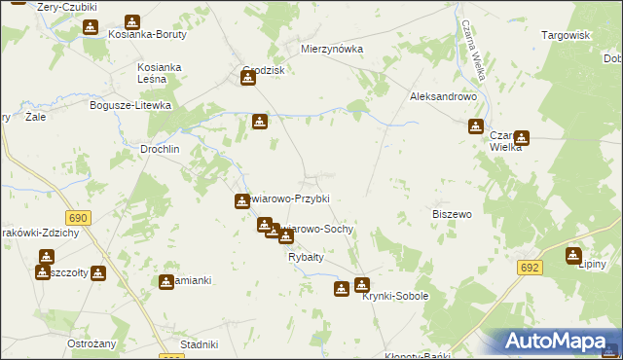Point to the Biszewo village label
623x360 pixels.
(451, 213)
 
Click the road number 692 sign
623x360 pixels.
(530, 267)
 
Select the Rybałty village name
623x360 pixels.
(306, 257)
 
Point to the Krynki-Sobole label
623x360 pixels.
(395, 296)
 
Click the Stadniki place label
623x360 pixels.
(199, 344)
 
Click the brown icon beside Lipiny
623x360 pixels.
(573, 256)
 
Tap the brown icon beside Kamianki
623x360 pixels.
(166, 281)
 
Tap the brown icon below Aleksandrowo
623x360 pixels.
(476, 126)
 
